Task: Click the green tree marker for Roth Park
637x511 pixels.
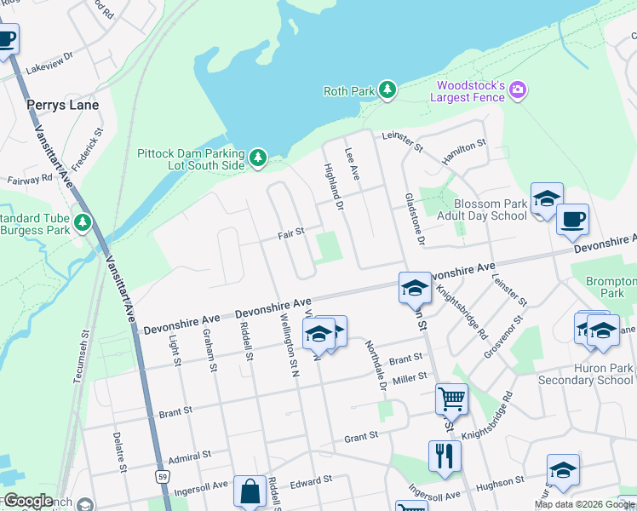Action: pos(387,90)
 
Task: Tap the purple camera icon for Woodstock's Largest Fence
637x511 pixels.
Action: pos(518,89)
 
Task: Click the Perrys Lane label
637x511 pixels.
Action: pos(62,105)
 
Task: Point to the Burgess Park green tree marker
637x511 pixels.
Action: pos(83,222)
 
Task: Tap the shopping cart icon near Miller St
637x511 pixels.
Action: pos(450,398)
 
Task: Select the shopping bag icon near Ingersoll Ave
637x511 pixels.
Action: pos(250,491)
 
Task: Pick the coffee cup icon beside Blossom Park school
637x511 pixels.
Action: pos(572,219)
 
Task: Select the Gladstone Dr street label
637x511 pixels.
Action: pos(415,216)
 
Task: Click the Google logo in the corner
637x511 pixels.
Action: pos(28,501)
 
